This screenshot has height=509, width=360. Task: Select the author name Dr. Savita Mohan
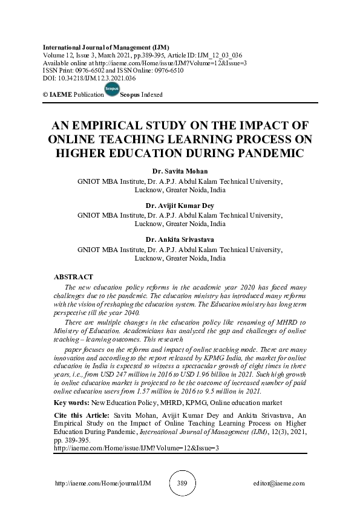click(x=179, y=171)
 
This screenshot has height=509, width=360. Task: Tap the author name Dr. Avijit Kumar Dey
click(x=179, y=206)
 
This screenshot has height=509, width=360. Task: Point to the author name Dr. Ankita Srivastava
click(x=179, y=239)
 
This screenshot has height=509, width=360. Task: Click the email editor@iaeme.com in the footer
click(x=280, y=484)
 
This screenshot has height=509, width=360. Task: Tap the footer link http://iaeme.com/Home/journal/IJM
click(x=94, y=484)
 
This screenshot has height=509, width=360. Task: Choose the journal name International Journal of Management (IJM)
click(x=106, y=47)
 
